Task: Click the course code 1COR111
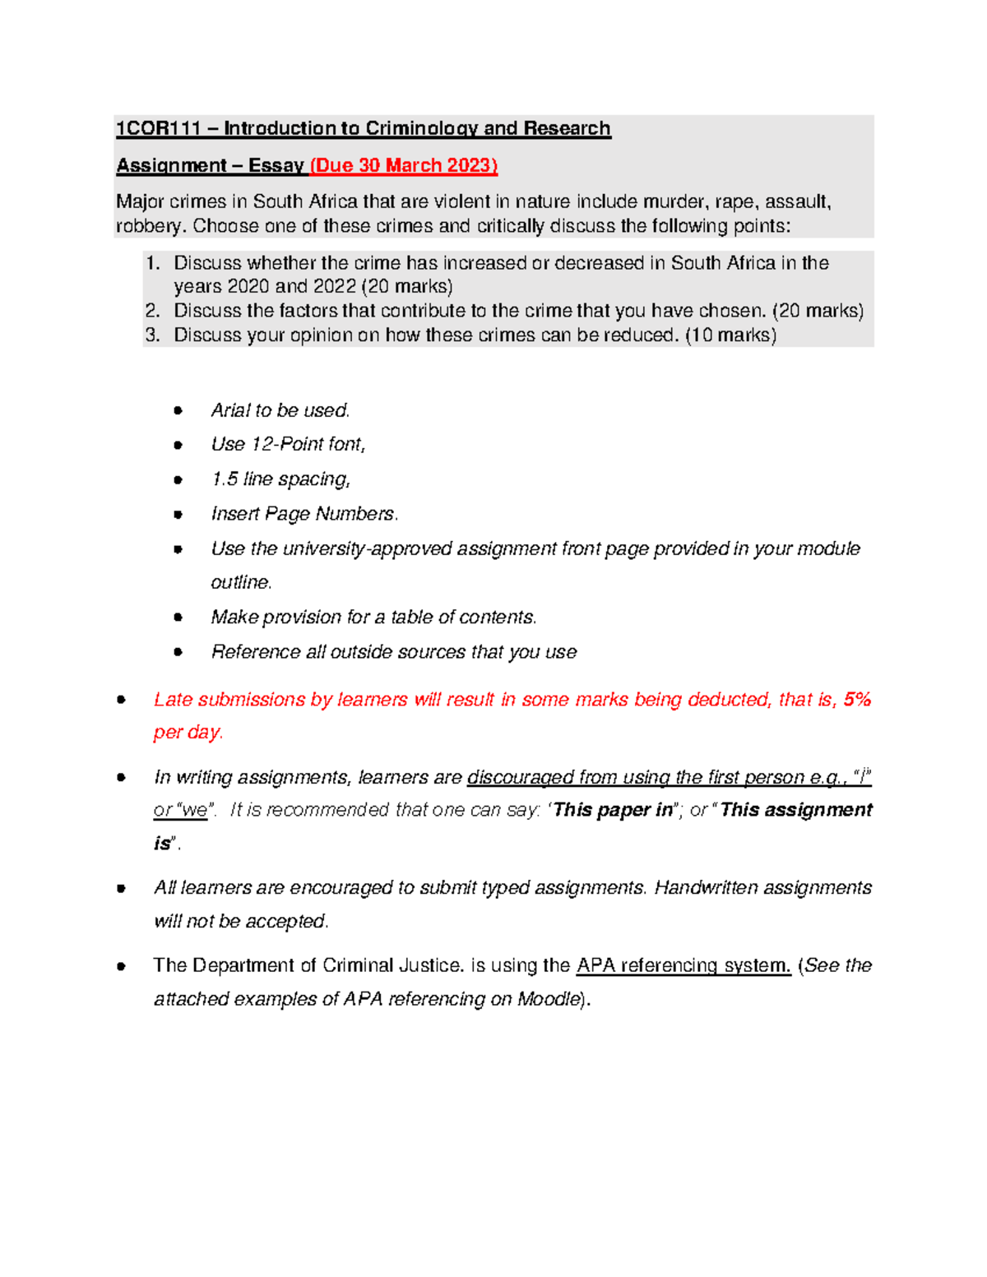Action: click(158, 128)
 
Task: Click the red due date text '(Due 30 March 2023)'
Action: click(404, 165)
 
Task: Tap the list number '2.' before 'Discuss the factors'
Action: click(152, 311)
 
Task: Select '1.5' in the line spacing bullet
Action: click(224, 479)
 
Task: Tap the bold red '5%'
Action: click(857, 700)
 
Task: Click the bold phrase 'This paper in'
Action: click(613, 811)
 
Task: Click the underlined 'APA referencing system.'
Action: click(683, 965)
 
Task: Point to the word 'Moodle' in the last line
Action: click(547, 999)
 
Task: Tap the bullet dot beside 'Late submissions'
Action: click(121, 700)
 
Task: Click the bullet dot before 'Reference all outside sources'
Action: click(178, 652)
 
